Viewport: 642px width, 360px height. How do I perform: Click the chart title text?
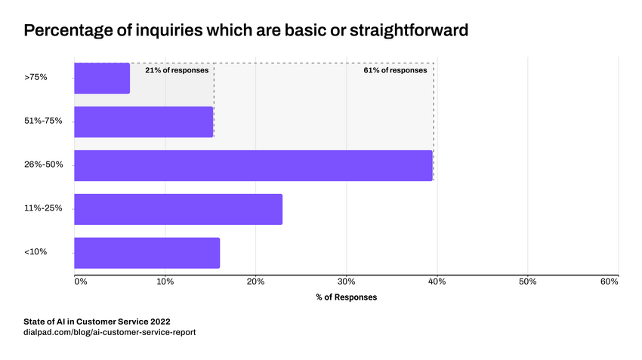tap(246, 31)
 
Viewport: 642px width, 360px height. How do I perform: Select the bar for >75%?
tap(102, 78)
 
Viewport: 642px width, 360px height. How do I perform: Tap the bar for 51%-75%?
tap(144, 122)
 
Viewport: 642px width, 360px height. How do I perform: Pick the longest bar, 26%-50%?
tap(253, 165)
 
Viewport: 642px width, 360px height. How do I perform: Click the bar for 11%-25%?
tap(178, 209)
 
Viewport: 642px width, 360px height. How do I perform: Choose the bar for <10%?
tap(147, 253)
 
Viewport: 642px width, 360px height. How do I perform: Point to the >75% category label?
tap(36, 77)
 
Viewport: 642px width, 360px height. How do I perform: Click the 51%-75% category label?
tap(43, 121)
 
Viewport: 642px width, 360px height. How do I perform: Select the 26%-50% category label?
tap(44, 165)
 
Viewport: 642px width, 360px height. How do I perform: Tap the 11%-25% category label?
tap(43, 208)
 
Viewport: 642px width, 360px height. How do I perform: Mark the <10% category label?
tap(36, 251)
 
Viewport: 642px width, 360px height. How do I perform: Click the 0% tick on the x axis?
tap(81, 282)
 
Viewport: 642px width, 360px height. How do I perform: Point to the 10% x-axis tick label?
tap(165, 282)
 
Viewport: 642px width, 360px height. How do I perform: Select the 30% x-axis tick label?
tap(346, 282)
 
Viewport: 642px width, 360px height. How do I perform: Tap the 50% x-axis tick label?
tap(527, 282)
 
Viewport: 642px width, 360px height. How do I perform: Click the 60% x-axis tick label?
tap(610, 282)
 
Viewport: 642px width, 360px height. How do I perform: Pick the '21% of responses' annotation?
tap(177, 70)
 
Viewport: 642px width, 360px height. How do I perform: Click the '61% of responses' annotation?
tap(400, 70)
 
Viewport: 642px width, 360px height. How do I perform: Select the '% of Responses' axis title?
tap(346, 297)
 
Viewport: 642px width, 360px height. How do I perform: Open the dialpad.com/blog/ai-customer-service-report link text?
tap(110, 332)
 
